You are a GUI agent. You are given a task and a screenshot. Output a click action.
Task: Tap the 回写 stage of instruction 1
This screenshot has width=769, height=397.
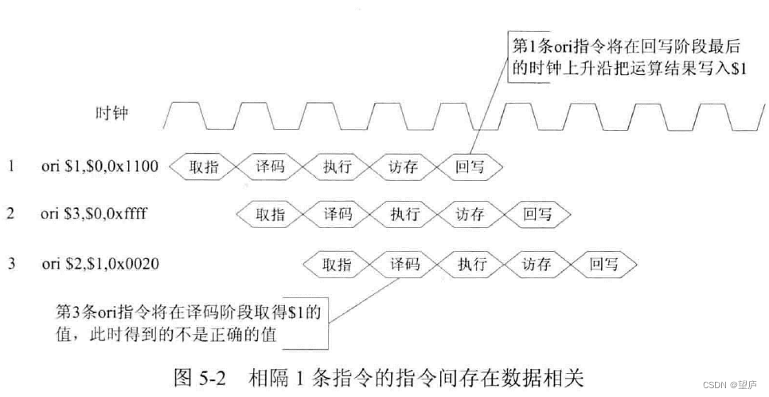click(470, 167)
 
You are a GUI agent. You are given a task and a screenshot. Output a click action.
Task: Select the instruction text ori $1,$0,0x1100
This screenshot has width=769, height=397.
click(100, 167)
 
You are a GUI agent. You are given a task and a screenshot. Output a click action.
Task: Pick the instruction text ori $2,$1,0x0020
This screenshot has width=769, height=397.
click(100, 263)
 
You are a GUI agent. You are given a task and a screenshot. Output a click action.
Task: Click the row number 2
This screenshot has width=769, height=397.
click(11, 214)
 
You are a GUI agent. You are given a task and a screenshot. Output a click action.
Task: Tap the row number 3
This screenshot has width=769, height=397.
click(11, 263)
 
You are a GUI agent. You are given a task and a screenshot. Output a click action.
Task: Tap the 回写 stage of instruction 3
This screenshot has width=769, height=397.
click(604, 264)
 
